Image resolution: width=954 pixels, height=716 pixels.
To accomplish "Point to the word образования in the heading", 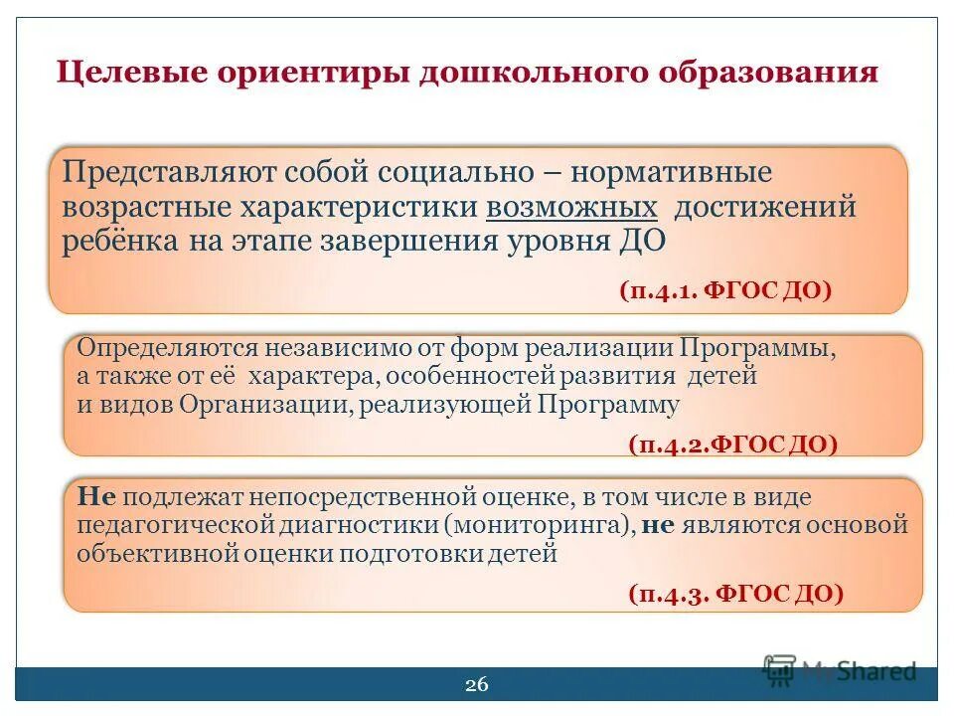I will click(767, 76).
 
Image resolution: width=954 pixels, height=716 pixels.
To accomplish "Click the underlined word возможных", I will click(572, 207).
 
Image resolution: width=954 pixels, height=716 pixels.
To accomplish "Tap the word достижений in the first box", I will click(765, 207).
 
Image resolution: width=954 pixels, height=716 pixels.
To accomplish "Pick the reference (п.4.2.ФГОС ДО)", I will click(732, 445).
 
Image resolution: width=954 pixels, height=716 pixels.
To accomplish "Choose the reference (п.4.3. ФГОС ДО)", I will click(735, 594).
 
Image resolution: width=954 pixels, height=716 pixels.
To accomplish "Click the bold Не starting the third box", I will click(90, 497).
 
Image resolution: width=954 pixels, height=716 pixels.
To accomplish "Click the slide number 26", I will click(477, 684).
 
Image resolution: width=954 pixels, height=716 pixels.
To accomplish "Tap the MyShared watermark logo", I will click(840, 670).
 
